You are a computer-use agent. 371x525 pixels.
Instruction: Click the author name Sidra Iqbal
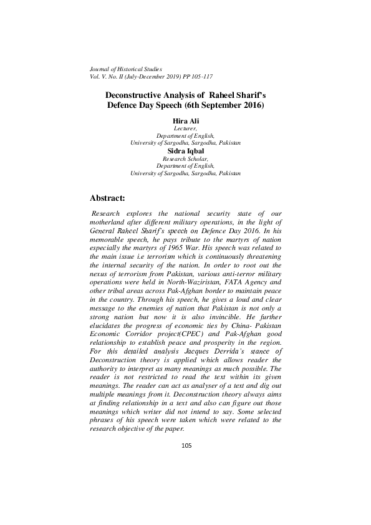(185, 151)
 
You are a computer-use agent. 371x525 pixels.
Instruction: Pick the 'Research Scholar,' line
(185, 159)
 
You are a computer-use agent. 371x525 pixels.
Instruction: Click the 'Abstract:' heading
(108, 198)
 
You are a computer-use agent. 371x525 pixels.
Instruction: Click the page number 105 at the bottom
(185, 445)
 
